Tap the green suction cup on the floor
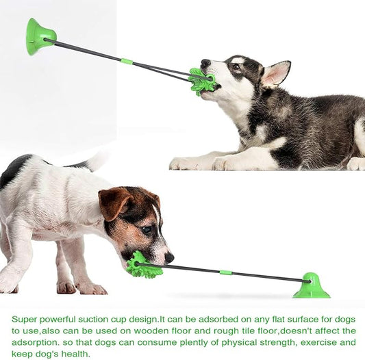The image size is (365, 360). pos(312,287)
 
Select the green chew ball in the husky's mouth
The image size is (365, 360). pos(202,81)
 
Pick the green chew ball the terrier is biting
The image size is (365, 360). pos(142,265)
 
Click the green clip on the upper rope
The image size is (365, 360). pos(126,62)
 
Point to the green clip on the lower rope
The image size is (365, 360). pos(225,272)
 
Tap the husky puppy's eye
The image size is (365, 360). pos(236,67)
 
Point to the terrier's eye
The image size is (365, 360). pos(146,229)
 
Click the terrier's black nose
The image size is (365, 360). pos(168,257)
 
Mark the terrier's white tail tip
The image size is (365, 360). pos(98,161)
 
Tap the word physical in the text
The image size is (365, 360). pos(240,342)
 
